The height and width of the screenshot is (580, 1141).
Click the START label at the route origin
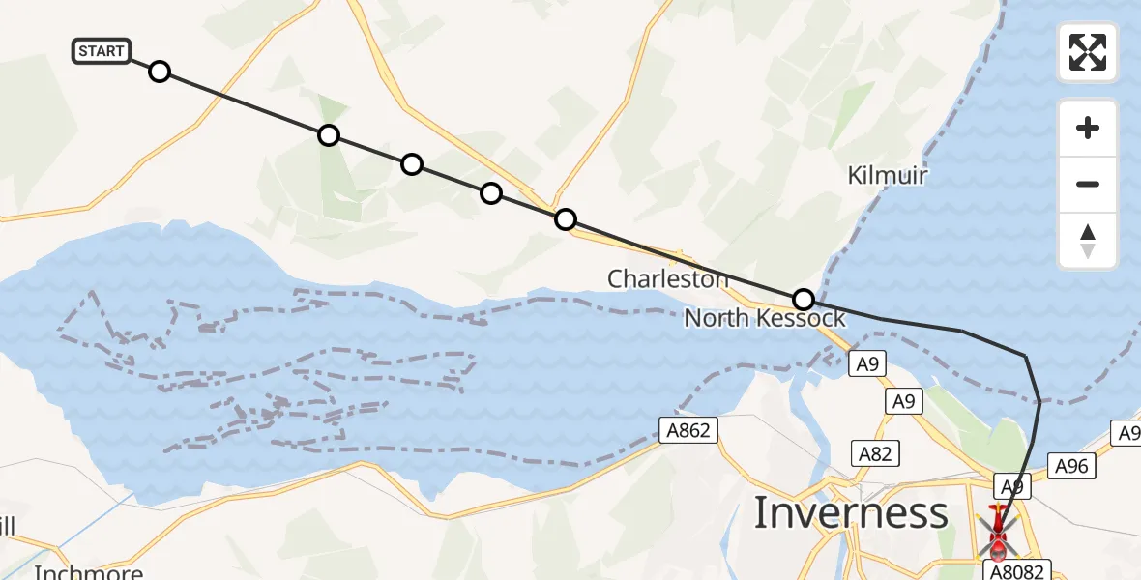click(x=102, y=50)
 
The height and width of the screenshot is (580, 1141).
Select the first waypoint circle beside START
click(x=160, y=72)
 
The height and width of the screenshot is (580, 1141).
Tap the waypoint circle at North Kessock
click(x=803, y=300)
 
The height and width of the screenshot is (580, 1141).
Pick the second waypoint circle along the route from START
click(x=329, y=135)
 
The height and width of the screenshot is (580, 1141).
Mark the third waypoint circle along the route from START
click(x=412, y=164)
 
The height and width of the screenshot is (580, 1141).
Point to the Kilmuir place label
click(x=887, y=176)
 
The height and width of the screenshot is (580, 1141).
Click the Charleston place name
click(x=667, y=279)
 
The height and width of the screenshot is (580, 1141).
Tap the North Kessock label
click(x=764, y=318)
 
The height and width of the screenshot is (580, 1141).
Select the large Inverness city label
click(x=850, y=513)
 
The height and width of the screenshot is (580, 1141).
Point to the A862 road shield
click(x=689, y=431)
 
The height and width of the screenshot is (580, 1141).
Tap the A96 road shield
click(x=1071, y=467)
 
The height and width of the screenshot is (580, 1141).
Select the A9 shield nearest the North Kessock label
click(x=866, y=364)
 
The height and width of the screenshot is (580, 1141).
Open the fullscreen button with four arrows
click(x=1088, y=52)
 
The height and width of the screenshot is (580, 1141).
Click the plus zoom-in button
click(x=1088, y=128)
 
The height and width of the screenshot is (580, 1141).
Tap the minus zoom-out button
click(x=1088, y=184)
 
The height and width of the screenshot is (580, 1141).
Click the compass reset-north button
click(x=1088, y=241)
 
